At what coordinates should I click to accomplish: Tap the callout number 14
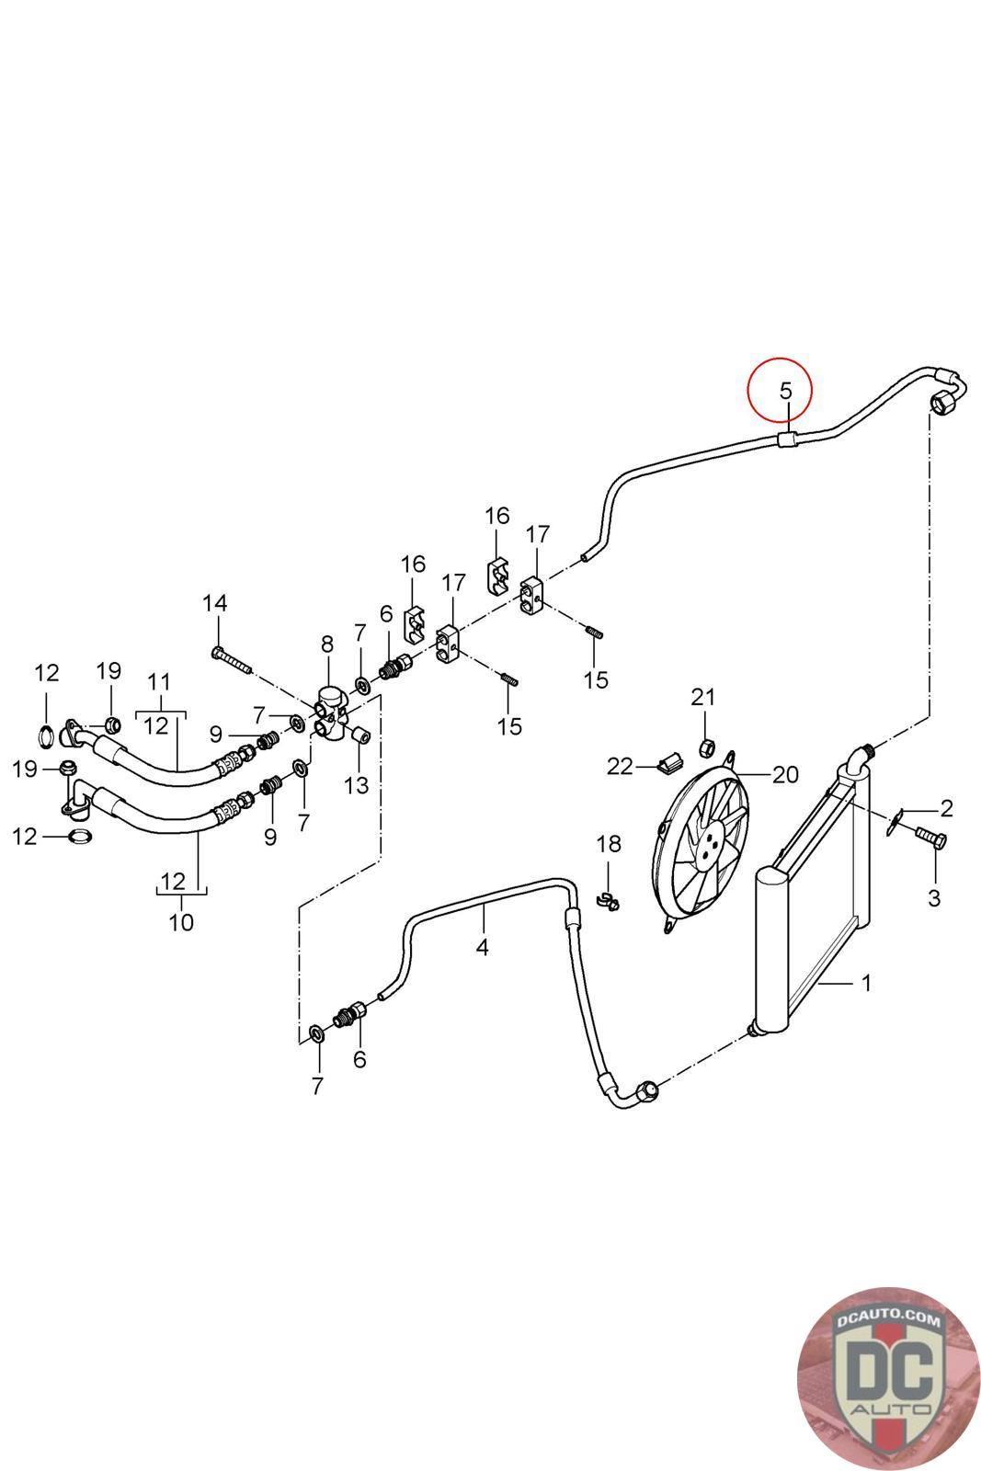click(215, 603)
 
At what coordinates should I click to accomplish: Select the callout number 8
click(327, 644)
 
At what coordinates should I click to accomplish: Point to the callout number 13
click(357, 785)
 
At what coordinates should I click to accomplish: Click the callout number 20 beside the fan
click(784, 775)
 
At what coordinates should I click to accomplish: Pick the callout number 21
click(702, 697)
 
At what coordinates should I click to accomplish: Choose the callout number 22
click(619, 767)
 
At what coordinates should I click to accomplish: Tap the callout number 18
click(609, 844)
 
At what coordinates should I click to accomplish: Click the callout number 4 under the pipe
click(483, 948)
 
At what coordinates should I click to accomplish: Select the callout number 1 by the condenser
click(866, 983)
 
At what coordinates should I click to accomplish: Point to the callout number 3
click(934, 897)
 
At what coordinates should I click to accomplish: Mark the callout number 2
click(946, 808)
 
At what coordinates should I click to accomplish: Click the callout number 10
click(181, 923)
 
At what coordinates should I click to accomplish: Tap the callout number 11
click(160, 681)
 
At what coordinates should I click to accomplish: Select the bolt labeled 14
click(232, 661)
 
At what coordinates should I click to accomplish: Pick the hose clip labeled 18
click(609, 902)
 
